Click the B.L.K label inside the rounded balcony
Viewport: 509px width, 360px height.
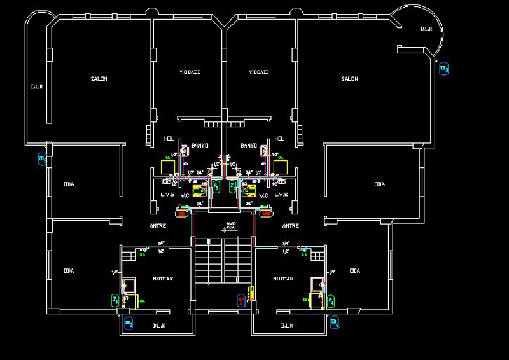tap(426, 29)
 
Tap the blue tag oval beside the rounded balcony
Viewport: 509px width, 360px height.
tap(444, 68)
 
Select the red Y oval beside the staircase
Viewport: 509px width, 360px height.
tap(241, 300)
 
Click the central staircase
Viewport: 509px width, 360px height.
tap(223, 262)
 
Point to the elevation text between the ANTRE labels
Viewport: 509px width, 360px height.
tap(230, 225)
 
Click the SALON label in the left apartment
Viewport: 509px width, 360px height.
tap(99, 79)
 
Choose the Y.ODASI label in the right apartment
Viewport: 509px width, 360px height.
tap(259, 72)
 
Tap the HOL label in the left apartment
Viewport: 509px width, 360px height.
tap(169, 138)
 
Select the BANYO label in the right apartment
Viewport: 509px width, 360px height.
tap(248, 146)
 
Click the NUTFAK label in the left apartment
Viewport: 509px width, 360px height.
tap(163, 279)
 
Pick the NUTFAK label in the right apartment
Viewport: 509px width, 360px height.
tap(282, 279)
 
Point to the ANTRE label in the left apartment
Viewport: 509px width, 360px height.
tap(158, 225)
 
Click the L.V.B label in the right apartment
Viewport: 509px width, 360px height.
tap(281, 195)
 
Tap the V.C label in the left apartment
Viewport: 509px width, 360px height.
tap(186, 195)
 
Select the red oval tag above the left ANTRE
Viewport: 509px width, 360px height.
tap(182, 214)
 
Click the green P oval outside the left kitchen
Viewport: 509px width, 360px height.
tap(115, 300)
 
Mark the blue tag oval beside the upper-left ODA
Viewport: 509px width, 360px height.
tap(43, 159)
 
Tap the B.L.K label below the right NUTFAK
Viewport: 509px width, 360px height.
tap(287, 326)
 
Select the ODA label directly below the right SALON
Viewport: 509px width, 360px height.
tap(379, 184)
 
